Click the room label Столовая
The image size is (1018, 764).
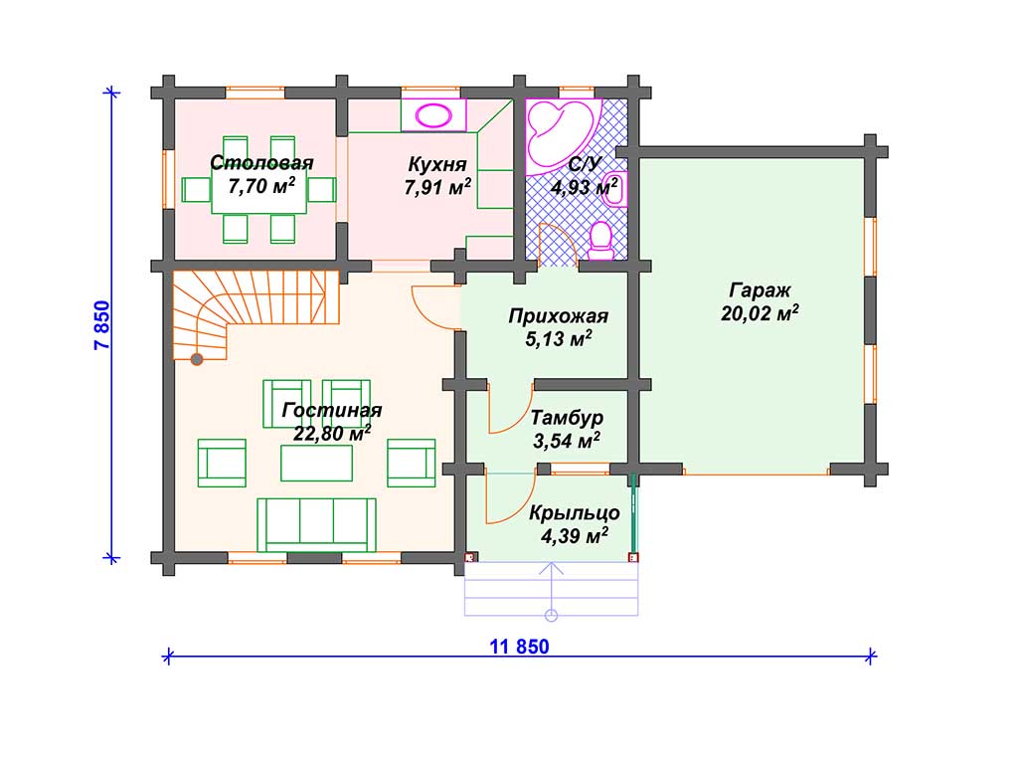[261, 162]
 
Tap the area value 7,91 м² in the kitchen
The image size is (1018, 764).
[437, 187]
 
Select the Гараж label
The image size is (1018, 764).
[760, 290]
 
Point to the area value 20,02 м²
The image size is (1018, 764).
[760, 313]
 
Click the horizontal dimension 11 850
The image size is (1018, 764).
[519, 647]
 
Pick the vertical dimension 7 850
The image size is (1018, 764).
[102, 325]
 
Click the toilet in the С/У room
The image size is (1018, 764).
[600, 241]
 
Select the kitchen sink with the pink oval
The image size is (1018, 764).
[433, 115]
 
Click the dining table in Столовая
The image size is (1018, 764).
[259, 190]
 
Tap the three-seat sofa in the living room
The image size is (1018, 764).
[316, 525]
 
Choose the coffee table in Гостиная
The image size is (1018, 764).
[316, 463]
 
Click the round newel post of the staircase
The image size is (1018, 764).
[196, 358]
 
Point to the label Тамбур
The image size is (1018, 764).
[567, 418]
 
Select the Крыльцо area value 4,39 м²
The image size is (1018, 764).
[575, 536]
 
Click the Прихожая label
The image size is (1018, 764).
[559, 316]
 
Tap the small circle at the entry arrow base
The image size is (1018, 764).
[551, 615]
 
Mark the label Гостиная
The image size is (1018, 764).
[332, 411]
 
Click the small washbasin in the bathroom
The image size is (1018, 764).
[614, 189]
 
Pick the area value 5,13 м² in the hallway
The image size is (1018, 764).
[559, 338]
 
